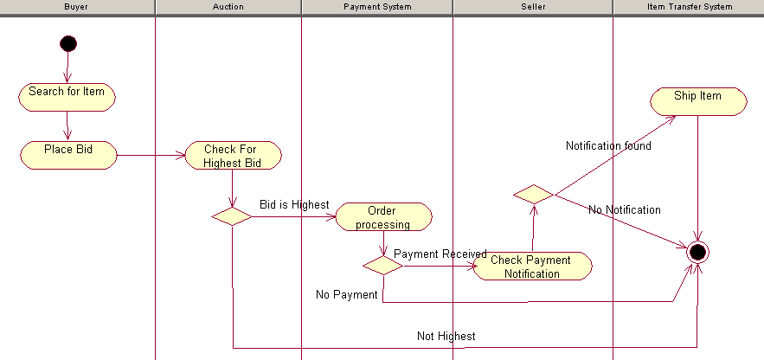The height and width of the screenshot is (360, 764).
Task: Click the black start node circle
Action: tap(67, 42)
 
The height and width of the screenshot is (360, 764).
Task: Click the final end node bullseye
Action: tap(697, 253)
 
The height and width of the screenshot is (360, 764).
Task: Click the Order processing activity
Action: tap(382, 217)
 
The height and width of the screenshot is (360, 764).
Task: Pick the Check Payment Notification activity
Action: tap(531, 267)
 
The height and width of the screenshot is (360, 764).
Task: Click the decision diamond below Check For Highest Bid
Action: tap(232, 216)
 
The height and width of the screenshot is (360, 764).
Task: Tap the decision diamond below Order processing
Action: tap(382, 266)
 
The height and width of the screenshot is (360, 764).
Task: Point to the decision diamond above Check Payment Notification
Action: tap(533, 195)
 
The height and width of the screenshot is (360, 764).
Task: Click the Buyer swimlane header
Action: tap(76, 7)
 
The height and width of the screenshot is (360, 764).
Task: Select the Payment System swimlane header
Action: tap(377, 7)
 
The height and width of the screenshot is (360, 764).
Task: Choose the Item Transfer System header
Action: tap(690, 7)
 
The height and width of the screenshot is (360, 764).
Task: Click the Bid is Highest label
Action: tap(294, 205)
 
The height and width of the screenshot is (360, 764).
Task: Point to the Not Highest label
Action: tap(446, 336)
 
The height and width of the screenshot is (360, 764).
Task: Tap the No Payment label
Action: tap(346, 295)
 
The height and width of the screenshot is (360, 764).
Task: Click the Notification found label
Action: tap(608, 146)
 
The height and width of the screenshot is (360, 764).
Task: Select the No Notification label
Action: tap(624, 210)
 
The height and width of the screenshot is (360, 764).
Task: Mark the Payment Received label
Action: tap(440, 254)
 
